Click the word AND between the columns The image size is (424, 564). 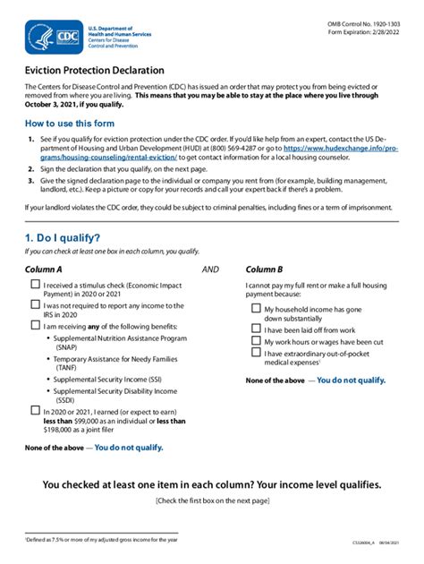(210, 269)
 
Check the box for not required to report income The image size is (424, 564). (34, 305)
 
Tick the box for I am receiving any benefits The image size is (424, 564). (34, 324)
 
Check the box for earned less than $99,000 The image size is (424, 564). (34, 411)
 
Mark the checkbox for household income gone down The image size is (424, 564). (256, 309)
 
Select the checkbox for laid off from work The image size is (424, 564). (256, 329)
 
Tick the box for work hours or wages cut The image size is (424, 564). (256, 341)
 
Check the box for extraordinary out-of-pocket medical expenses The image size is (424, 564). (256, 354)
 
